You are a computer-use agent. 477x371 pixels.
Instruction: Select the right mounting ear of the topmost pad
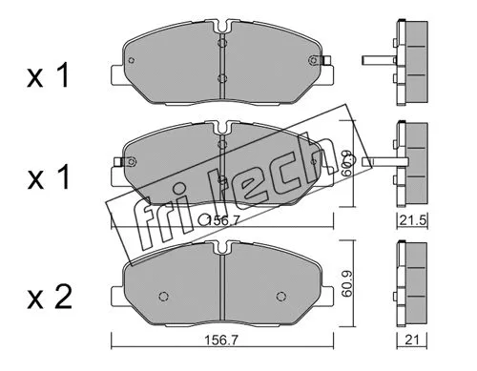(x=325, y=64)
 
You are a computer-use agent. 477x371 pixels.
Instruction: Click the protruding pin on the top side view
(x=378, y=63)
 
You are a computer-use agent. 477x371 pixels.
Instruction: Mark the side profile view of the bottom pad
(x=413, y=286)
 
